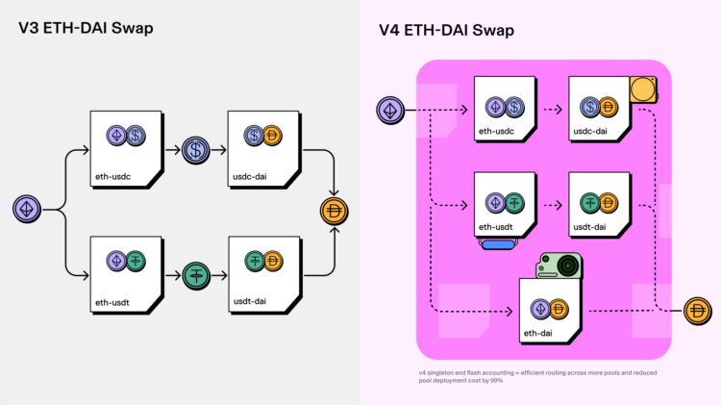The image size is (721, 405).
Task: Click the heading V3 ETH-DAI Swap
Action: pos(86,28)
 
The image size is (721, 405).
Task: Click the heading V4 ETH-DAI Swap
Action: pos(446,30)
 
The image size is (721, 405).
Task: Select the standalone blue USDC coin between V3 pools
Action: pos(196,150)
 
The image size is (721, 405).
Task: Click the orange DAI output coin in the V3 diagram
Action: pos(336,210)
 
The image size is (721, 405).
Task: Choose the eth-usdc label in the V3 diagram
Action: pos(112,176)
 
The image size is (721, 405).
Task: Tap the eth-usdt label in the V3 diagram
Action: pos(112,303)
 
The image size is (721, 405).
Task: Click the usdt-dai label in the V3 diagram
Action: pos(250,303)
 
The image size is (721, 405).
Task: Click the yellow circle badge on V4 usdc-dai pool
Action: pos(641,90)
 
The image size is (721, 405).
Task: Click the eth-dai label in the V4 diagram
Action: pos(538,333)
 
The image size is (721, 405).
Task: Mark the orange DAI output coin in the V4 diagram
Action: pos(697,311)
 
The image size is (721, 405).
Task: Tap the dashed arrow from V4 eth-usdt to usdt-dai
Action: pos(549,205)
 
